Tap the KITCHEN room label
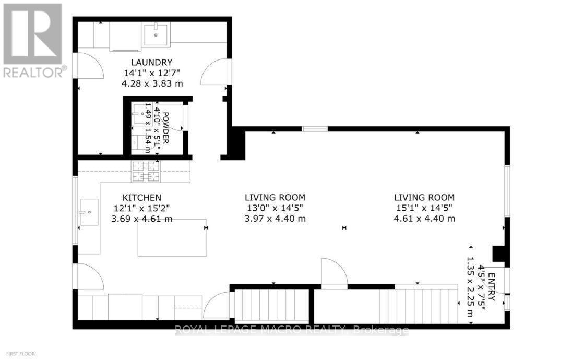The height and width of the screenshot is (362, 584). click(141, 198)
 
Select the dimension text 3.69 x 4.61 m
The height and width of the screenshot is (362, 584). click(142, 219)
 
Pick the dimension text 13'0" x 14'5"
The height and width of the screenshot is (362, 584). click(275, 208)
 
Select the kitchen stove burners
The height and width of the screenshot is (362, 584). click(146, 172)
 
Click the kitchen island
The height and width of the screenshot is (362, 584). click(172, 238)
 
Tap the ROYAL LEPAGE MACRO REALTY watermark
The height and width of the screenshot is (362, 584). click(292, 330)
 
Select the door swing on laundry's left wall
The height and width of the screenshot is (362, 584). click(87, 68)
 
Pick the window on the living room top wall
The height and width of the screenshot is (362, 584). click(315, 129)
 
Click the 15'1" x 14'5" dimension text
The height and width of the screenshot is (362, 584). click(424, 208)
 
